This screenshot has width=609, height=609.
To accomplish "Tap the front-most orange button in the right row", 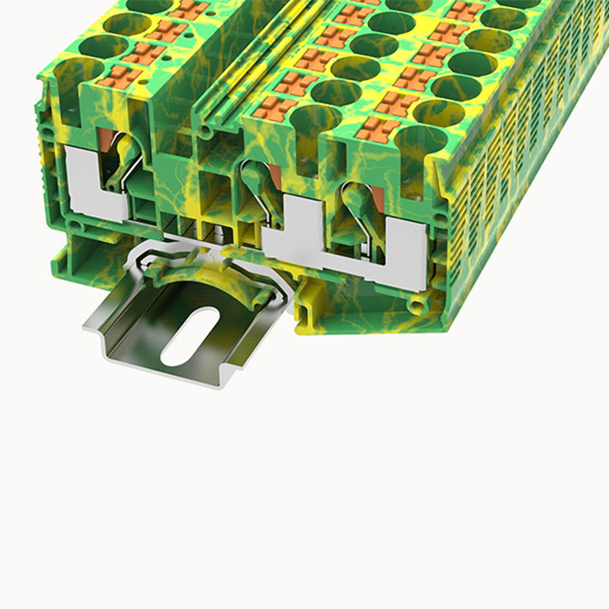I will pos(375,130).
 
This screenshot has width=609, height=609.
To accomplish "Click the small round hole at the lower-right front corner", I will pos(418,306).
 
